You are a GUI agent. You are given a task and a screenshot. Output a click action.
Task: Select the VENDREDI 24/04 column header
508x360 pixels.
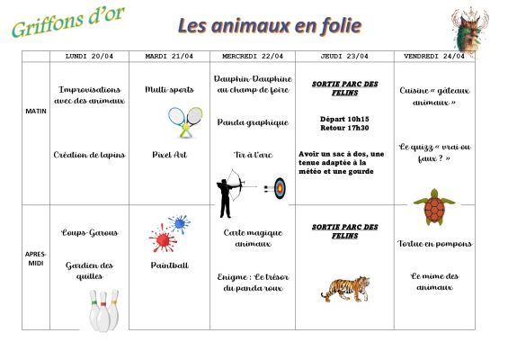435,56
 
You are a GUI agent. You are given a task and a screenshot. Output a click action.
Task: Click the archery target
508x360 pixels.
280,188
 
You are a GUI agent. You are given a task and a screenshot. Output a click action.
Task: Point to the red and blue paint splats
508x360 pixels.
169,233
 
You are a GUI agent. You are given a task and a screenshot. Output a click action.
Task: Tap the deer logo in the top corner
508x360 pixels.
469,29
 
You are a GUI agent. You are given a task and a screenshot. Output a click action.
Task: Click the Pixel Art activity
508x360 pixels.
169,155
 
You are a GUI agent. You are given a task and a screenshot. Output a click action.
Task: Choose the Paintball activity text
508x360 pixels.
169,265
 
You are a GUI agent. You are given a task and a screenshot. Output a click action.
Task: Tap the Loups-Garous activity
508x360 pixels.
89,232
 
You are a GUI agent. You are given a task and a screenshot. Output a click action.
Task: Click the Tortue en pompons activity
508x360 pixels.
434,243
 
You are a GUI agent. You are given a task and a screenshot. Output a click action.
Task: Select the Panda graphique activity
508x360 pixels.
253,122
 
